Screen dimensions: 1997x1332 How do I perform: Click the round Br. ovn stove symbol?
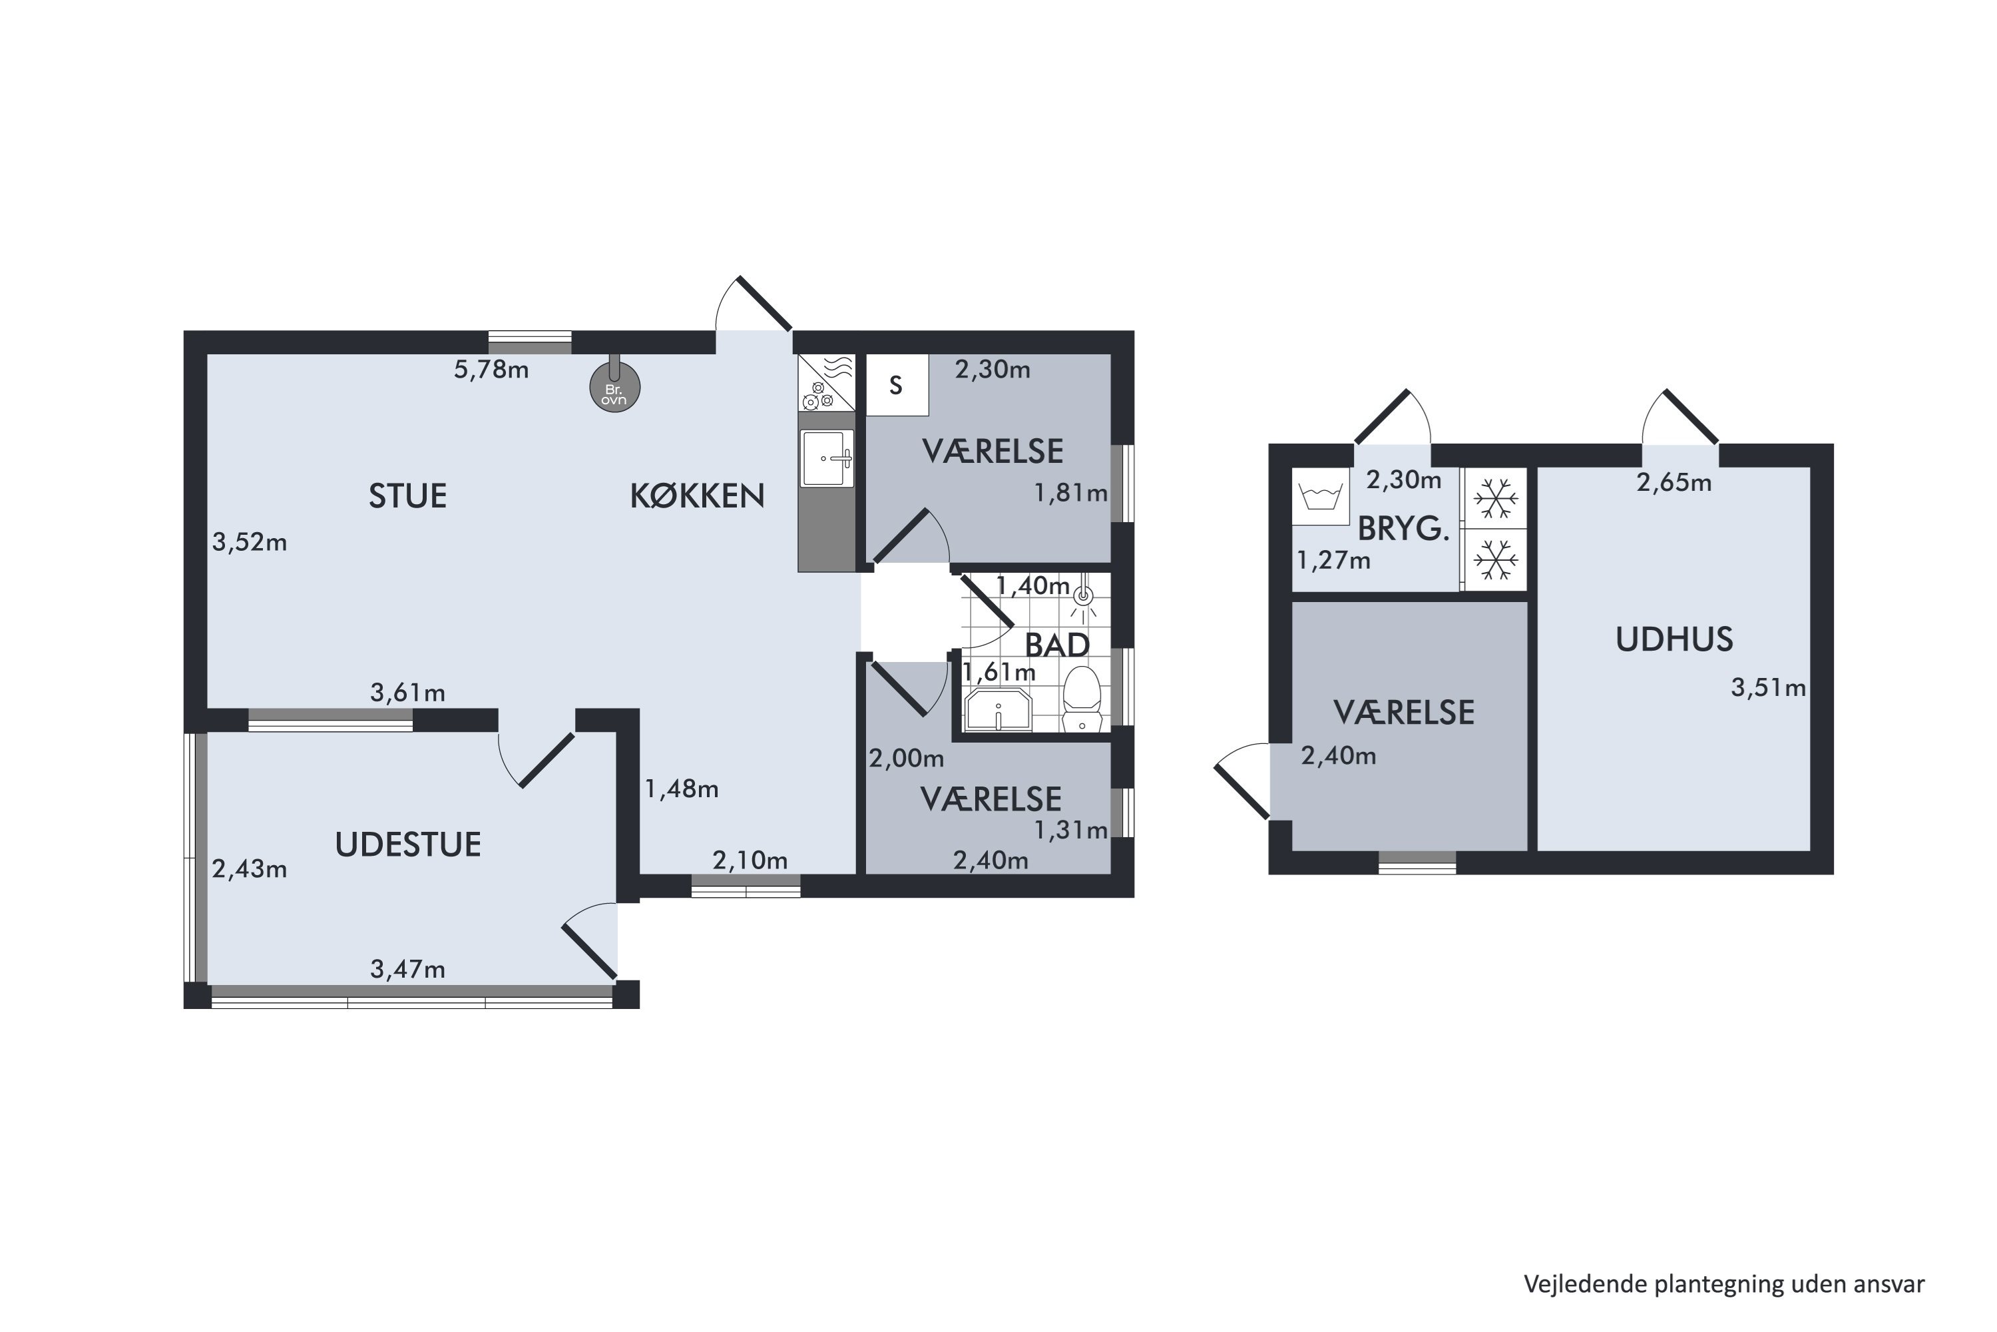point(614,388)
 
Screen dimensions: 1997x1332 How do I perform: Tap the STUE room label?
point(407,496)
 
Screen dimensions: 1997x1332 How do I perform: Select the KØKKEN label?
point(697,496)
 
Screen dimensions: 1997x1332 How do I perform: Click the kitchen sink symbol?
point(827,459)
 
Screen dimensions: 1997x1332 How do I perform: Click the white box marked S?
point(897,386)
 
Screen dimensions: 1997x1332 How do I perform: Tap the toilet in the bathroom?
point(1082,698)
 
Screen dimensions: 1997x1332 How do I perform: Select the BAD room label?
point(1057,645)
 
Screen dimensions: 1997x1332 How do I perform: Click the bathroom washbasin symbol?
point(998,709)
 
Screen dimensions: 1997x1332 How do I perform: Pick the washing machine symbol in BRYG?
point(1320,497)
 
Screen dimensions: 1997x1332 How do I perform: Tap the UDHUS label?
point(1673,639)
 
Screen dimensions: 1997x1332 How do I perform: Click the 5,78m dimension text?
point(492,370)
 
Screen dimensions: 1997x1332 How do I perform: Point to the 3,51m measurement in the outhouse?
point(1769,688)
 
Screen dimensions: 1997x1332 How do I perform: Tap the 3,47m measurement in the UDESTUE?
point(407,969)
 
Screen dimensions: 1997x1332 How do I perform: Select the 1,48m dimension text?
point(682,790)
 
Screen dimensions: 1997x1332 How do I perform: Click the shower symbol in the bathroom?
point(1082,598)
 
